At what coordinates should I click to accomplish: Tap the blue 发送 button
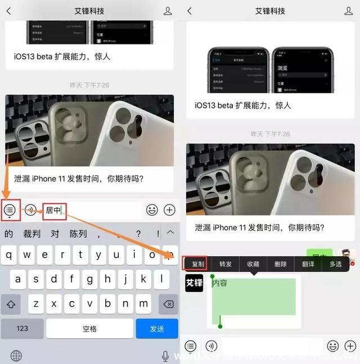[157, 329]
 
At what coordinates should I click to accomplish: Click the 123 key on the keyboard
[22, 329]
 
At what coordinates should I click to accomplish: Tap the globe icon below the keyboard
[16, 356]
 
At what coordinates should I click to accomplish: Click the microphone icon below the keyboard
[165, 356]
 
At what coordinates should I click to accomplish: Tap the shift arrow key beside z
[11, 304]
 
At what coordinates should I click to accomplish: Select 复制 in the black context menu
[197, 264]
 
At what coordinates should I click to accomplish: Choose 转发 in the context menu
[226, 264]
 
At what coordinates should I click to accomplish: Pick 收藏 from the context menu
[253, 264]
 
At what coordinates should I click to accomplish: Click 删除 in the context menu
[280, 264]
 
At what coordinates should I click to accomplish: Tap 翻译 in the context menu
[308, 264]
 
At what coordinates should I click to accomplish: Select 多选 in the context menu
[335, 264]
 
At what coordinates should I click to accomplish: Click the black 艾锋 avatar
[194, 283]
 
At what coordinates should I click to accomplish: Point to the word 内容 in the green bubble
[220, 283]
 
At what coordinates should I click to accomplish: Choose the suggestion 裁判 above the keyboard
[31, 234]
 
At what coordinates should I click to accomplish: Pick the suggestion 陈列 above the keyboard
[78, 234]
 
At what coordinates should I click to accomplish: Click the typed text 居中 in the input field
[54, 211]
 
